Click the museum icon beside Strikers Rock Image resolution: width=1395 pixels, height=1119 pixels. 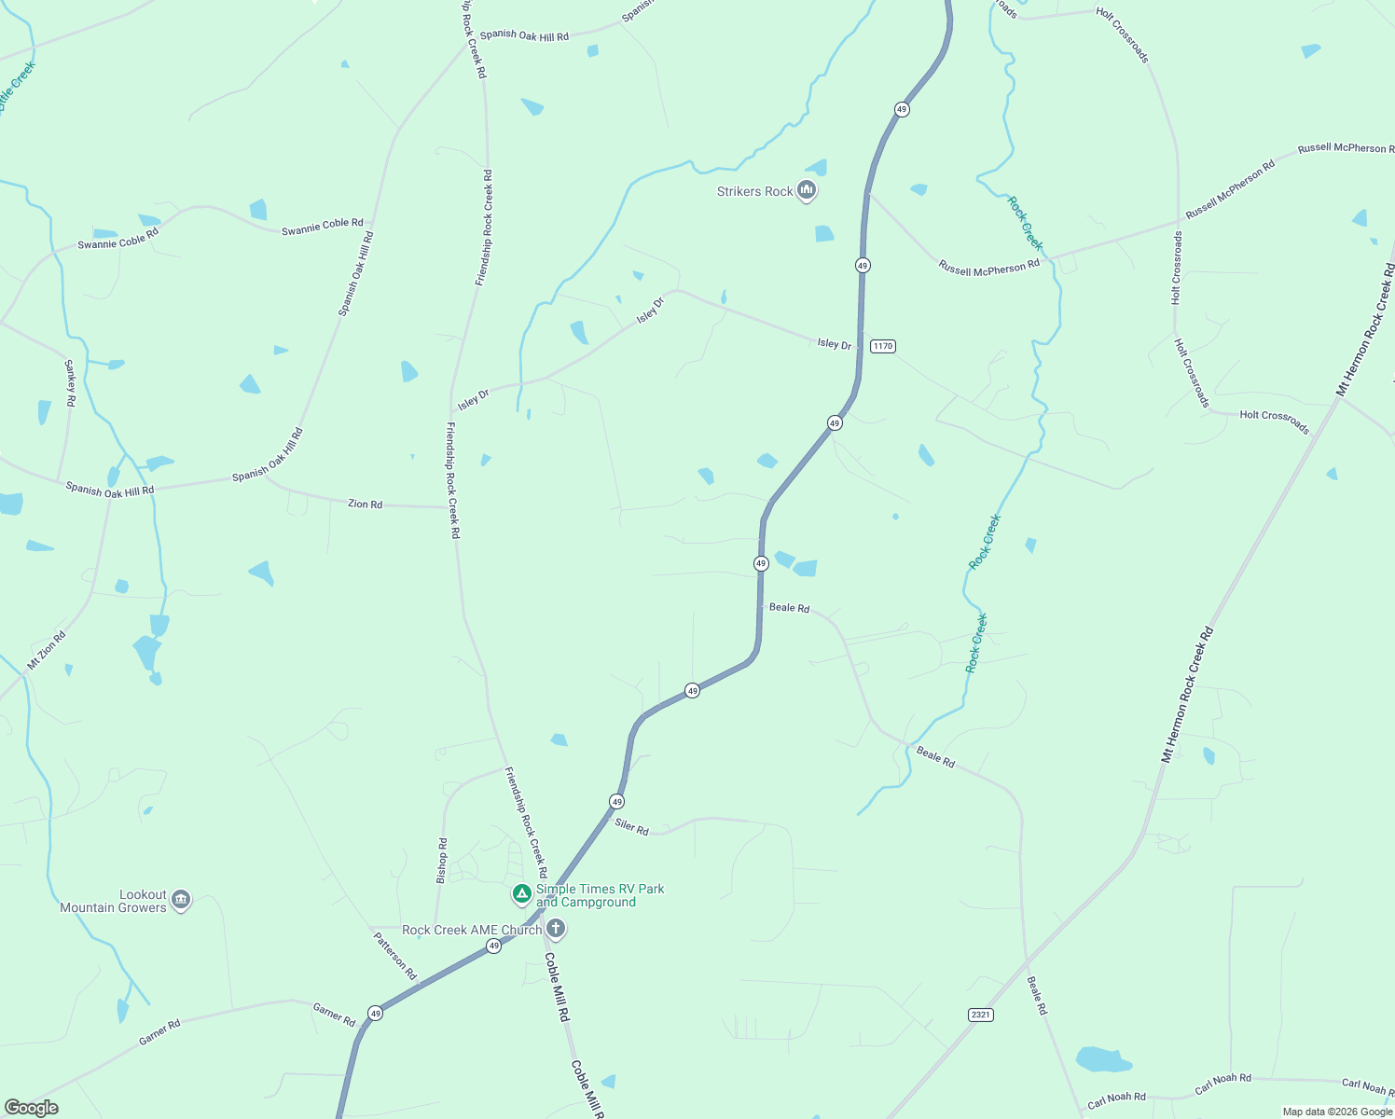tap(808, 191)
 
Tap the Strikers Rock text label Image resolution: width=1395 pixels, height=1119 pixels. tap(754, 192)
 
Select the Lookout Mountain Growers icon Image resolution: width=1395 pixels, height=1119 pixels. tap(182, 900)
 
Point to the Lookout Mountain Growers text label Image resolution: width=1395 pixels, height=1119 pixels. tap(113, 902)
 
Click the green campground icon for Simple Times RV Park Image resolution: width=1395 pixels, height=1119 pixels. tap(522, 894)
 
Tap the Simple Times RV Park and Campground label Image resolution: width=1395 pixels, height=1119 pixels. tap(600, 895)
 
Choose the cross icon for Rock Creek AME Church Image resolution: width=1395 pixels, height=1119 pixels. tap(556, 929)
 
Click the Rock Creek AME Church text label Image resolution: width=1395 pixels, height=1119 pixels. tap(472, 930)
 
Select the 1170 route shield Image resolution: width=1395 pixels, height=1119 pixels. tap(882, 346)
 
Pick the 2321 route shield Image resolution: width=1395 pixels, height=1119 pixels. tap(980, 1014)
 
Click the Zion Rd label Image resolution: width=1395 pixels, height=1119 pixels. tap(365, 504)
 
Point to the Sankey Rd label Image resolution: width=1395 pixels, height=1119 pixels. tap(70, 382)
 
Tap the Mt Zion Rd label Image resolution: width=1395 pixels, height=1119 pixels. tap(47, 651)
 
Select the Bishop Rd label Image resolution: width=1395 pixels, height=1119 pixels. tap(442, 860)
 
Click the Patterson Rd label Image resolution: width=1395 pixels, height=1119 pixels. tap(395, 955)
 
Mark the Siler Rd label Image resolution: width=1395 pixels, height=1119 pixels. tap(631, 826)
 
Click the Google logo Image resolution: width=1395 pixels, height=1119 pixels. tap(32, 1108)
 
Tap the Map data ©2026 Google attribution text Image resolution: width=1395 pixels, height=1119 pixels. tap(1337, 1112)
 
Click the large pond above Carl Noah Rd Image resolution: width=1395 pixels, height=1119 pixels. tap(1102, 1059)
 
